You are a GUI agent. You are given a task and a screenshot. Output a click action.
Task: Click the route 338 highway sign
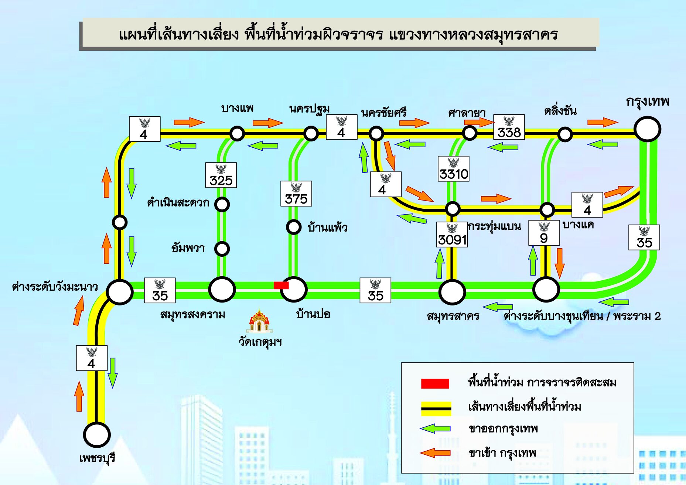click(509, 127)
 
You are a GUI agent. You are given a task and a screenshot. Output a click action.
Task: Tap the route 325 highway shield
click(221, 175)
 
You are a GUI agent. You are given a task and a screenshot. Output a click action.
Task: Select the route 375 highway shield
click(296, 194)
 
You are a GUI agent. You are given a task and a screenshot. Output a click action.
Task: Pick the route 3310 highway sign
click(453, 169)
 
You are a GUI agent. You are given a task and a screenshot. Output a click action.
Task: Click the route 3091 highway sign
click(452, 235)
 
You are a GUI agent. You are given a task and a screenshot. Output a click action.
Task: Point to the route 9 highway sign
click(544, 233)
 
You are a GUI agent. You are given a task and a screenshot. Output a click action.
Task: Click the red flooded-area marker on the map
click(281, 285)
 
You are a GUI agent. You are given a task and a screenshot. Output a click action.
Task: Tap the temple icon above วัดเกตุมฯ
click(259, 321)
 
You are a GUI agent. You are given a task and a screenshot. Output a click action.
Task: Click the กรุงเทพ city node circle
click(647, 129)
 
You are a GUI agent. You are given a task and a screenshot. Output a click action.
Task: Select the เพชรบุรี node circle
click(97, 435)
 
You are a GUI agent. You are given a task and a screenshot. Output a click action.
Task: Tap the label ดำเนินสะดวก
click(178, 203)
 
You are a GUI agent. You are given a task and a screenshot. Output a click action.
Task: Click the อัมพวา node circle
click(222, 249)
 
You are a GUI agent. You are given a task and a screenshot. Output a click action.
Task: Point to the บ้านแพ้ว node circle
click(294, 227)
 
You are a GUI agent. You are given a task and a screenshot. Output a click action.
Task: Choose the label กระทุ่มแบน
click(494, 226)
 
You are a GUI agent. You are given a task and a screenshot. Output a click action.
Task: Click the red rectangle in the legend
click(435, 383)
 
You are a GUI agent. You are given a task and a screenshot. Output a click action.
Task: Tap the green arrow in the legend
click(435, 428)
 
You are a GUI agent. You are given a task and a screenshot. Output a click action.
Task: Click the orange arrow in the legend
click(435, 453)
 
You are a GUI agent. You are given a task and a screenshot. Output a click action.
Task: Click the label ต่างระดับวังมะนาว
click(55, 287)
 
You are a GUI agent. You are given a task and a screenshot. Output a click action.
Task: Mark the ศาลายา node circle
click(470, 133)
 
